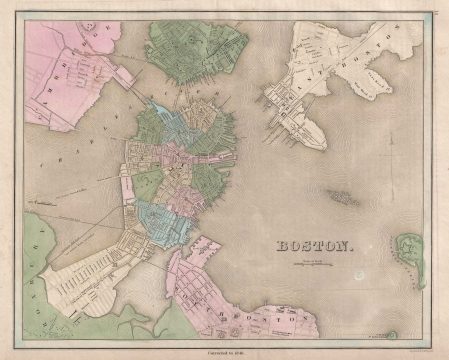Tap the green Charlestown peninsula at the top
(195, 50)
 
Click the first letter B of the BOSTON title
(280, 243)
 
